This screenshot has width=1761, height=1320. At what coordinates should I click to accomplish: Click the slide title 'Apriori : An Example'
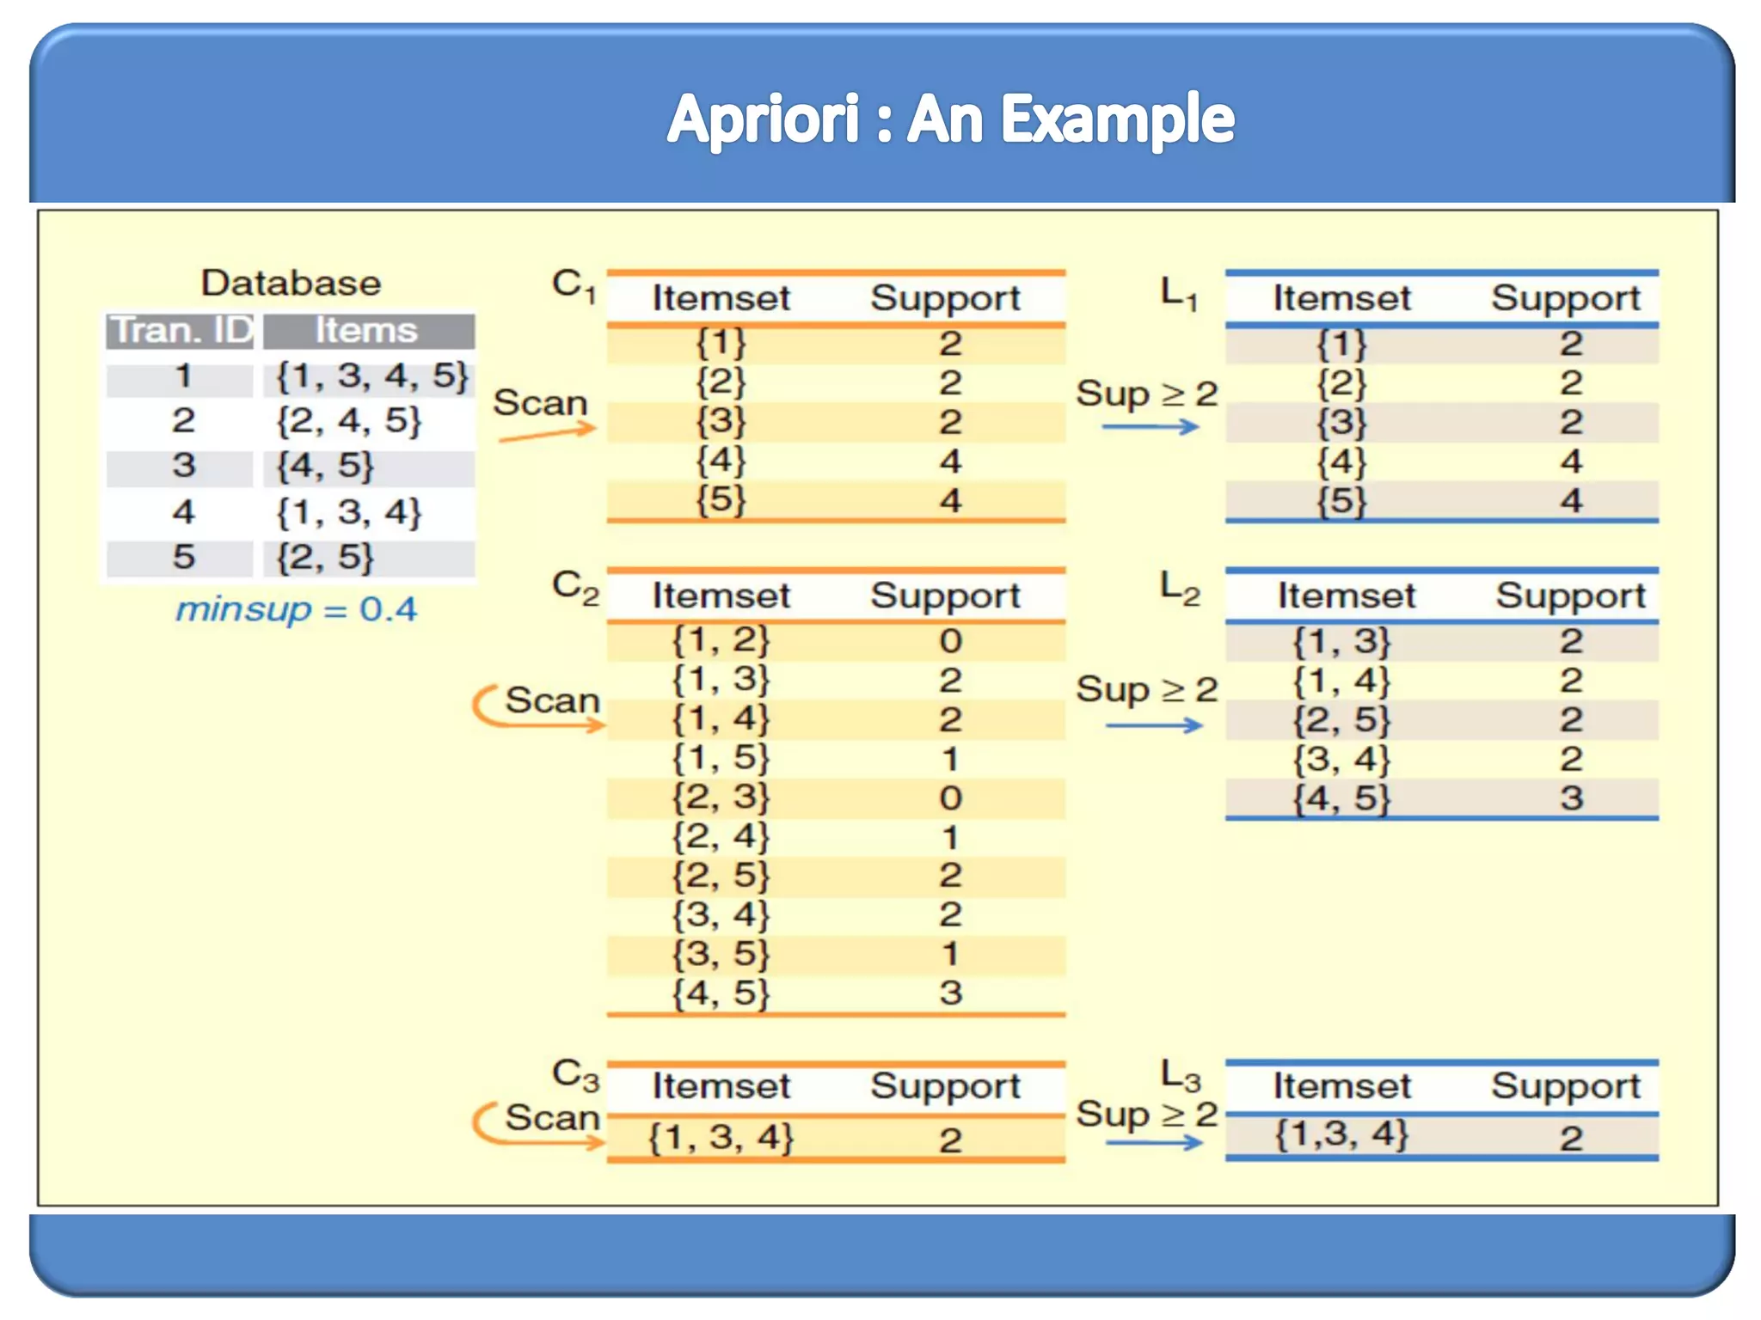pyautogui.click(x=950, y=119)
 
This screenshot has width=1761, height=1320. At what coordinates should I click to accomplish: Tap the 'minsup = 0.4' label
pyautogui.click(x=296, y=609)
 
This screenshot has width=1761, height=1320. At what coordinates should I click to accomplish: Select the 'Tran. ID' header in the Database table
pyautogui.click(x=181, y=331)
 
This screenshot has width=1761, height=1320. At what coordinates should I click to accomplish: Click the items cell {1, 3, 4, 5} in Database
pyautogui.click(x=371, y=376)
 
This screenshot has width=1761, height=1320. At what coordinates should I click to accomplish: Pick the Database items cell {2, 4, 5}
pyautogui.click(x=348, y=421)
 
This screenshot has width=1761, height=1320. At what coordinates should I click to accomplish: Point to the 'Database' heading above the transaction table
pyautogui.click(x=291, y=283)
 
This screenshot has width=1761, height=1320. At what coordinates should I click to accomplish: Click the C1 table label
pyautogui.click(x=574, y=285)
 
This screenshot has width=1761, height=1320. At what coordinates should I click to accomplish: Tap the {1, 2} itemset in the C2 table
pyautogui.click(x=721, y=640)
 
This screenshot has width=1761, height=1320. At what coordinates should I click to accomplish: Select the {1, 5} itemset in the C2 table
pyautogui.click(x=721, y=758)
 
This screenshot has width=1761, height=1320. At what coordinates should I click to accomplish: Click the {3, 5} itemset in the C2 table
pyautogui.click(x=721, y=954)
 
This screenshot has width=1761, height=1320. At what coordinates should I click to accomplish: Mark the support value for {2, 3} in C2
pyautogui.click(x=950, y=797)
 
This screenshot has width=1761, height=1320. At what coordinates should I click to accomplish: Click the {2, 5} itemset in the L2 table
pyautogui.click(x=1341, y=720)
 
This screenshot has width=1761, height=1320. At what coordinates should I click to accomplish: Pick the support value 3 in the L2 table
pyautogui.click(x=1571, y=798)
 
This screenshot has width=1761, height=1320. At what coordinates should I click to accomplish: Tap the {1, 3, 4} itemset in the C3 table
pyautogui.click(x=721, y=1138)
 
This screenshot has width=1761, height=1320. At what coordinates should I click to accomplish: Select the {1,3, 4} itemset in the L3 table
pyautogui.click(x=1341, y=1134)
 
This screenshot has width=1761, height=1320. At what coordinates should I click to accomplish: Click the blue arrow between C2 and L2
pyautogui.click(x=1154, y=726)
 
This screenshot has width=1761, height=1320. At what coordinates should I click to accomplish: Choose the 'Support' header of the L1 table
pyautogui.click(x=1565, y=298)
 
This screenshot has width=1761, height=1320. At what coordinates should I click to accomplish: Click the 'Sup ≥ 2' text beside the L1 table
pyautogui.click(x=1147, y=394)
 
